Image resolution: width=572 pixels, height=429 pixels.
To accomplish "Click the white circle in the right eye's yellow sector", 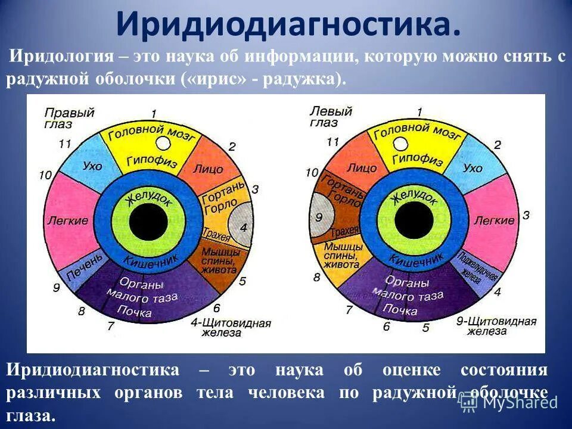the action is (163, 143).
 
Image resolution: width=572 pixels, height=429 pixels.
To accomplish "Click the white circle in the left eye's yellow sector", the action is (401, 143).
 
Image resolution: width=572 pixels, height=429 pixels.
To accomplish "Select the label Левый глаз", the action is (331, 117).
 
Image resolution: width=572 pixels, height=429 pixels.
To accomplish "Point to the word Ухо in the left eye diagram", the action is (472, 168).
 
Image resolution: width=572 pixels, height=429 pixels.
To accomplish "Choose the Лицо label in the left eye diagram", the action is (362, 168).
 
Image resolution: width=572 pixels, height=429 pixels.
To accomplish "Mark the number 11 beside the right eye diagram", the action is (66, 144).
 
